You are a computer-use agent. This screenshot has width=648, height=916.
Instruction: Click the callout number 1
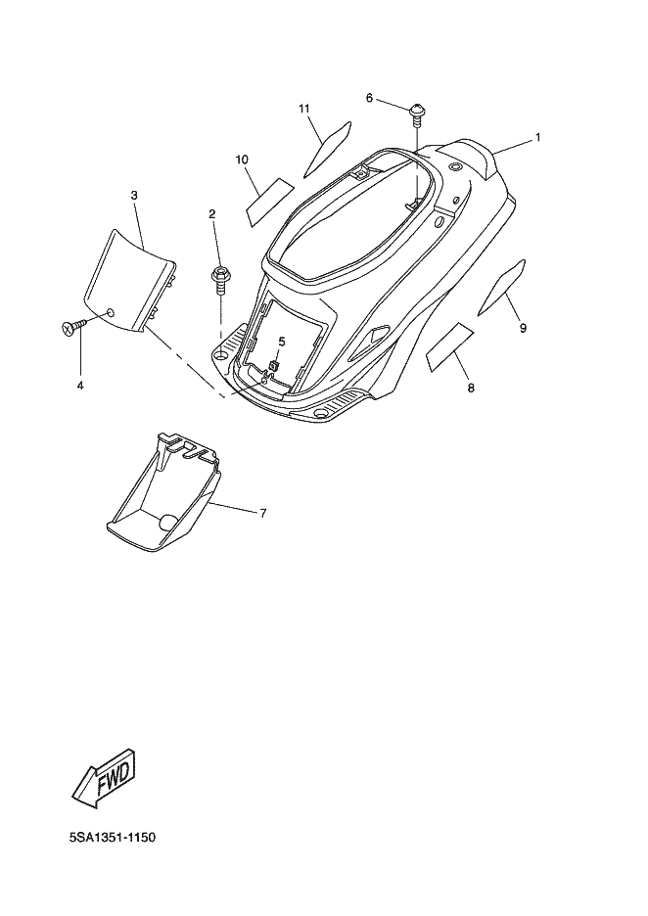[x=537, y=138]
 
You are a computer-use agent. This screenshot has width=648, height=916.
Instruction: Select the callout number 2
[x=211, y=213]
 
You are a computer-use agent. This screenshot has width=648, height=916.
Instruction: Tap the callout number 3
[x=134, y=195]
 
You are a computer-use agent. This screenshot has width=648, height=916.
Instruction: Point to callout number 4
[x=80, y=386]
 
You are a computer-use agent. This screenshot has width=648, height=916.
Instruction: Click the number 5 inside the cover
[x=281, y=342]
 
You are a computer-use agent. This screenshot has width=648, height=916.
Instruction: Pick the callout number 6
[x=369, y=98]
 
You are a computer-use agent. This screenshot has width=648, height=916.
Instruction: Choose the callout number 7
[x=262, y=513]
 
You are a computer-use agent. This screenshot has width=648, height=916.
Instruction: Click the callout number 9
[x=523, y=328]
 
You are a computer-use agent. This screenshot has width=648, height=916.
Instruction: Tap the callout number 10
[x=241, y=159]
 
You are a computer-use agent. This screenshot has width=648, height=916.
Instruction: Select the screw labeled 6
[x=416, y=112]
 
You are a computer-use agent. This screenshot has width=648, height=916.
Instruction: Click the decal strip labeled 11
[x=330, y=144]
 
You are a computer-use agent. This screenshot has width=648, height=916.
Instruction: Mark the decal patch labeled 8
[x=450, y=347]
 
